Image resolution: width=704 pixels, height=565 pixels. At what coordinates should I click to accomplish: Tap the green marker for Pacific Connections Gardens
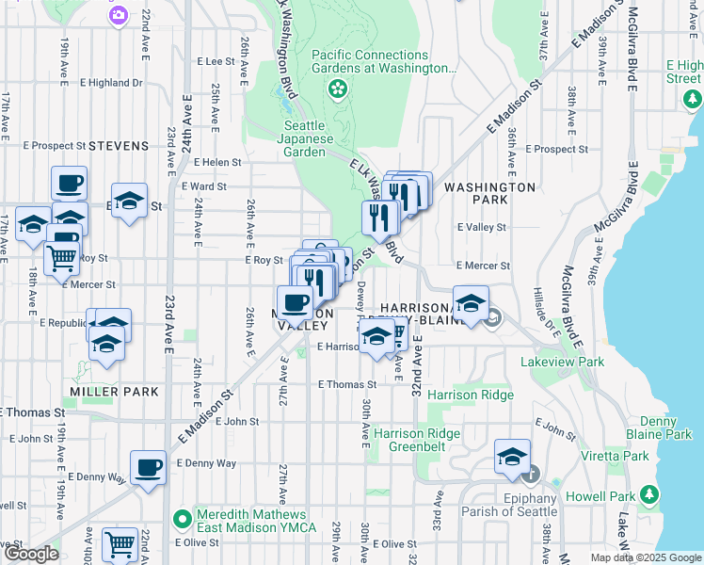click(336, 89)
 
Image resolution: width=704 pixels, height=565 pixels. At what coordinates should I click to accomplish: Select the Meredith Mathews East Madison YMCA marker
click(183, 519)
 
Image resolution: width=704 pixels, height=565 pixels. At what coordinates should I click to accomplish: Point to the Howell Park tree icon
click(648, 493)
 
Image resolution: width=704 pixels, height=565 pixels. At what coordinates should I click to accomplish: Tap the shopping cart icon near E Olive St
click(120, 544)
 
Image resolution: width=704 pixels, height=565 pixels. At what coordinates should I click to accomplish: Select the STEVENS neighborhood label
click(119, 146)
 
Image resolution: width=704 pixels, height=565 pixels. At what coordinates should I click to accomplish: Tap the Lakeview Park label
click(565, 362)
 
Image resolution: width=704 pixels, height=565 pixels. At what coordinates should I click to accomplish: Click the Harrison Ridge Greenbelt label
click(416, 440)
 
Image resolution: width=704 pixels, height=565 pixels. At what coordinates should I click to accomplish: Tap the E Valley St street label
click(481, 227)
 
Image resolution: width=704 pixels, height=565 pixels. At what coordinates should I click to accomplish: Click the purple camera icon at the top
click(118, 13)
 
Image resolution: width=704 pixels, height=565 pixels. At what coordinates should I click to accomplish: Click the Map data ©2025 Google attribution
click(645, 557)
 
